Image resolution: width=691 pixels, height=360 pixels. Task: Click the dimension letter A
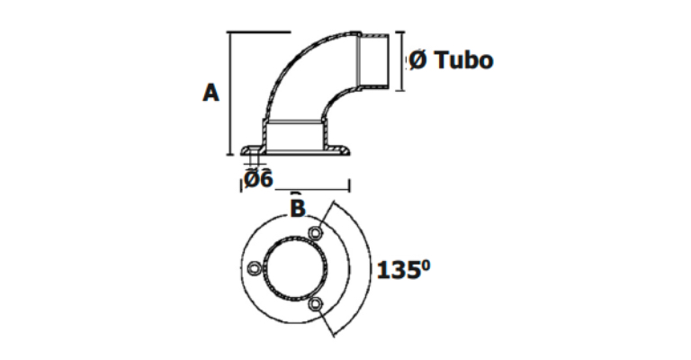[x=211, y=93]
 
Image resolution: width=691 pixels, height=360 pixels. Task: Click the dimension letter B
[x=298, y=208]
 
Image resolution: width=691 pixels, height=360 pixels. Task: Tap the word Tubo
[x=463, y=59]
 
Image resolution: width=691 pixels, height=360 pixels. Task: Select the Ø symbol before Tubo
[x=417, y=60]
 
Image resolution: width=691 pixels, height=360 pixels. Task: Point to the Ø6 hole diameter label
[x=258, y=179]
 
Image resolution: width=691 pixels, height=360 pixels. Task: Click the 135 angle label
[x=398, y=270]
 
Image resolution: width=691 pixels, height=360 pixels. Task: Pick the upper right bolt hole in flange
[x=315, y=233]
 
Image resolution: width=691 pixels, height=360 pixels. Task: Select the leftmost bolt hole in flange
[x=255, y=268]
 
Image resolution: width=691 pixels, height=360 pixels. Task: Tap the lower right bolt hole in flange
[x=315, y=303]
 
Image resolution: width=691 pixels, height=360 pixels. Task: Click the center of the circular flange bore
[x=295, y=269]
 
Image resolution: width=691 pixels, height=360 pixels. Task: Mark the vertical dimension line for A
[x=229, y=94]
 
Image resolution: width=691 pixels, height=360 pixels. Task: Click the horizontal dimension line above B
[x=312, y=190]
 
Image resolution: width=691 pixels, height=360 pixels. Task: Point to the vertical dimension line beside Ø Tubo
[x=400, y=61]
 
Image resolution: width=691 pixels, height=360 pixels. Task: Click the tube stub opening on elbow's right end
[x=374, y=61]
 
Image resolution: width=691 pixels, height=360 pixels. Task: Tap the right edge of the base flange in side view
[x=348, y=151]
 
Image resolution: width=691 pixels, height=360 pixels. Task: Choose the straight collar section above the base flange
[x=296, y=135]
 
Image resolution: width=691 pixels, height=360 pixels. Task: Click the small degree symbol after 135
[x=426, y=265]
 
